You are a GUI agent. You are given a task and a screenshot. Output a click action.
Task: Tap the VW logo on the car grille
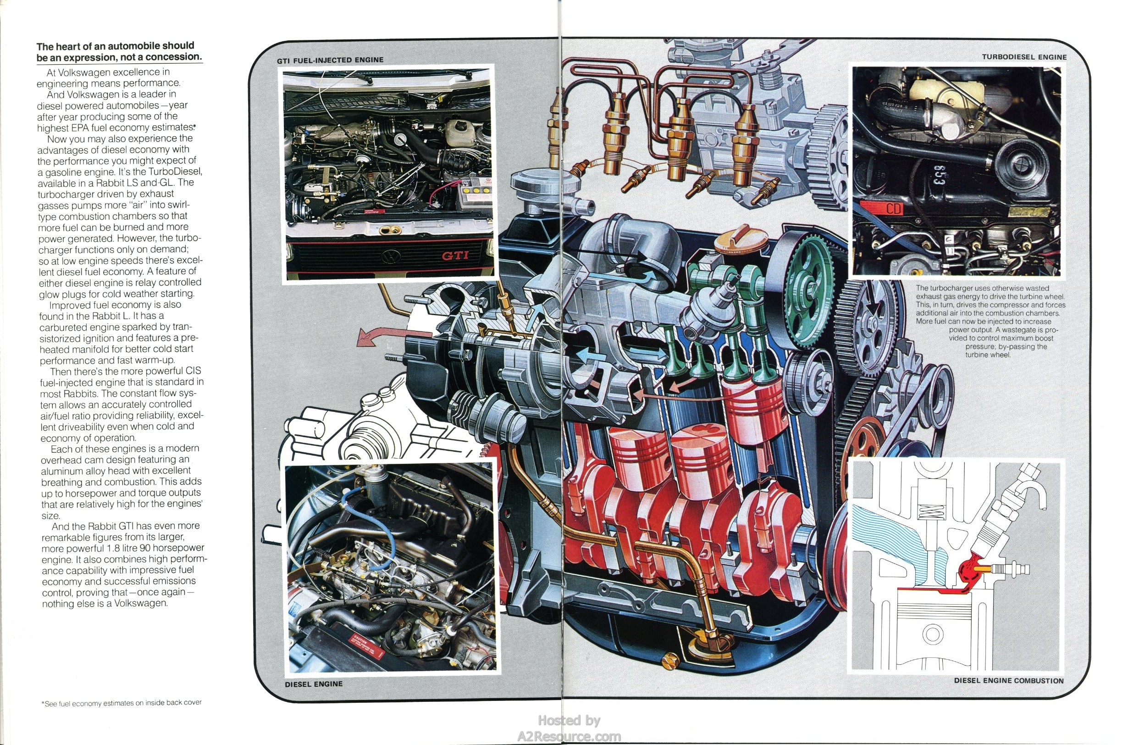[391, 256]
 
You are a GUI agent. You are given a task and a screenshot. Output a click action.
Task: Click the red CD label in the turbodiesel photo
[893, 209]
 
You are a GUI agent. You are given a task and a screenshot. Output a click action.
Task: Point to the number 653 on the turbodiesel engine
[939, 176]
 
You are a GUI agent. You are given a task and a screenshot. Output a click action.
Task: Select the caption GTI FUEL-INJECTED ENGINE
[330, 60]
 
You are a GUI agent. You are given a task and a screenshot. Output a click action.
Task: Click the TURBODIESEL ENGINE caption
[1024, 57]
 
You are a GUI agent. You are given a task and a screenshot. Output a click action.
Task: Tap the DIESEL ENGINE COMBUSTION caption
[1009, 680]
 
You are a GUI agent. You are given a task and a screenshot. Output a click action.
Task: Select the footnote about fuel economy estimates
[122, 703]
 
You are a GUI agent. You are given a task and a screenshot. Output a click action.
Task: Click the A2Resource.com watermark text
[569, 736]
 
